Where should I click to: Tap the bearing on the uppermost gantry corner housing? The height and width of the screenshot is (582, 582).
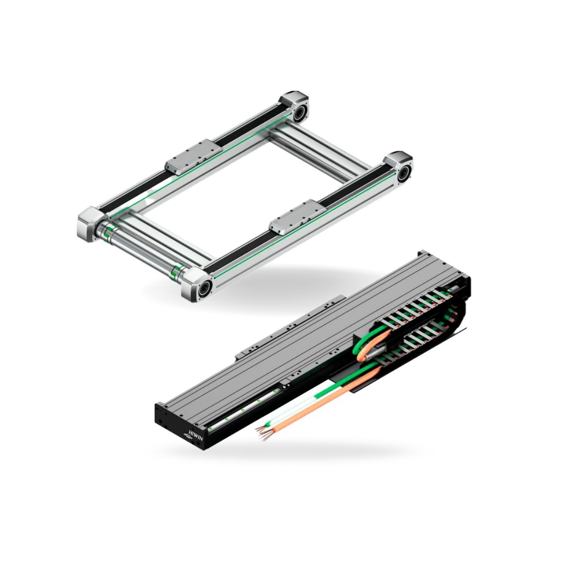coord(300,113)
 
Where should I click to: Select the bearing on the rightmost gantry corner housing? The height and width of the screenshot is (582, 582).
coord(404,173)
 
